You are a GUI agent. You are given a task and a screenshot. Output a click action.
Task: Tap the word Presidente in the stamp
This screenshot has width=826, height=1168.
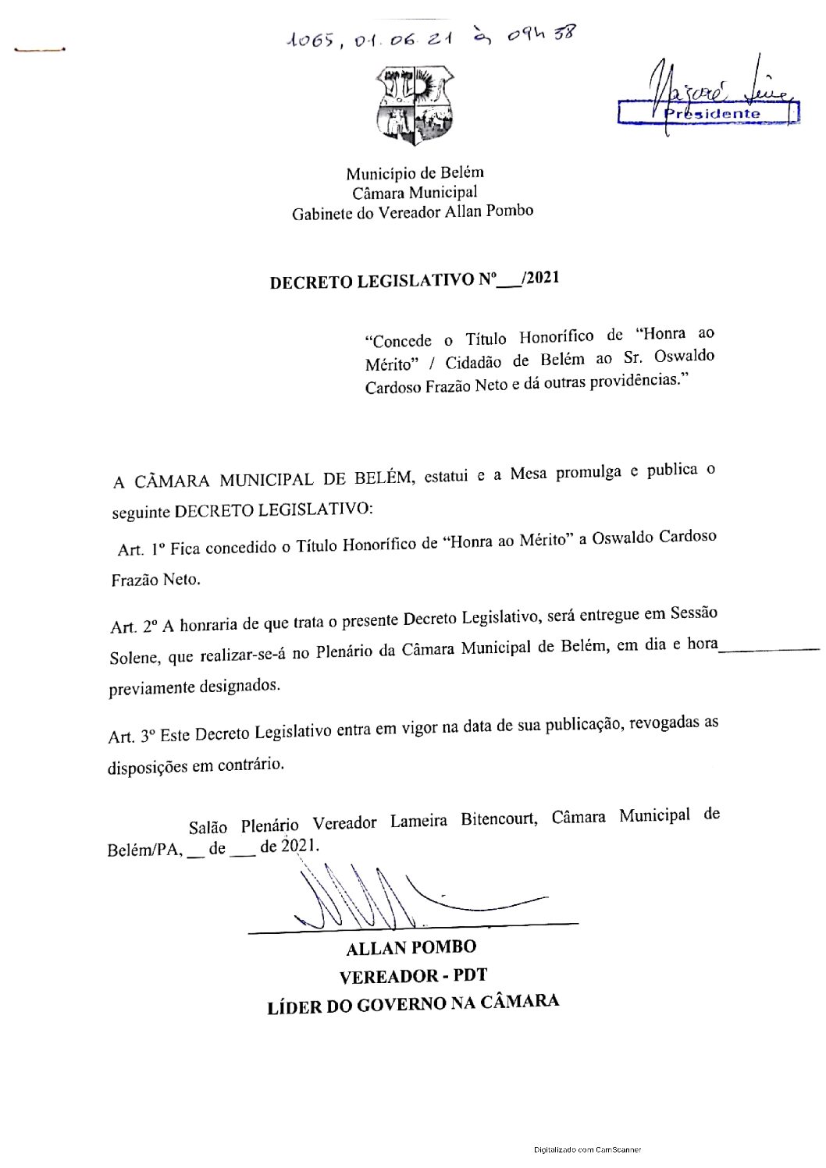[712, 114]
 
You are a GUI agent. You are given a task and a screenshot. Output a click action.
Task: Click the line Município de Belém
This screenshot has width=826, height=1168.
[415, 172]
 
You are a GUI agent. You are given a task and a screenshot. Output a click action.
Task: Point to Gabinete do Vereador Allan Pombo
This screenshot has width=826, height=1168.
[412, 212]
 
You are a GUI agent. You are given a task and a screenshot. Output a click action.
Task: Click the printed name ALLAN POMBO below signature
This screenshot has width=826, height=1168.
[411, 948]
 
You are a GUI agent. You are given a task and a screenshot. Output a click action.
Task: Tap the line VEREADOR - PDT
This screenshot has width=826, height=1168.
[413, 977]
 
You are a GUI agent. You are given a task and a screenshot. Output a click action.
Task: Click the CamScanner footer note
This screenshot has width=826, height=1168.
[588, 1149]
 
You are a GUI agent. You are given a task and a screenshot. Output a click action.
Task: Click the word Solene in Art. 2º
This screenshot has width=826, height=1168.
[135, 657]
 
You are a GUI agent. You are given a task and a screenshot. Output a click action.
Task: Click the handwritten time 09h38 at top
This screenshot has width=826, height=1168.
[540, 35]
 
